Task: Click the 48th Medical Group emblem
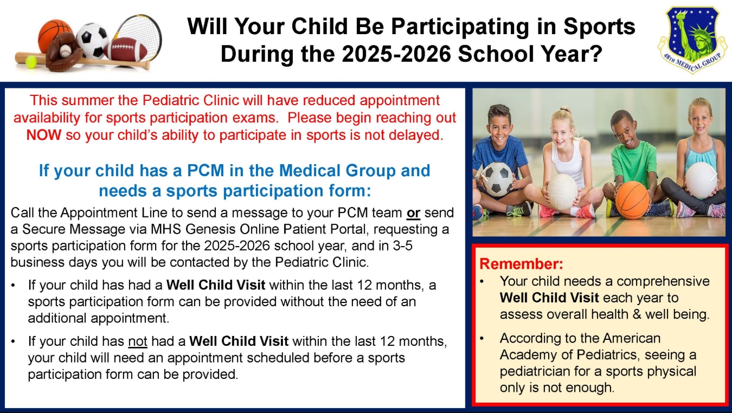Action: [x=692, y=39]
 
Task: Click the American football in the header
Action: [x=126, y=49]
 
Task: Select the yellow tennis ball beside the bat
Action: [x=31, y=61]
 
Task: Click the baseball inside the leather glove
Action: [x=66, y=50]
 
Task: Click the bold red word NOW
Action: [x=44, y=135]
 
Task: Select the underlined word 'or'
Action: [x=413, y=213]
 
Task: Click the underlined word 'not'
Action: [x=138, y=341]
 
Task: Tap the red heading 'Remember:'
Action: [x=521, y=263]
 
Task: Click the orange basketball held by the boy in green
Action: [x=632, y=199]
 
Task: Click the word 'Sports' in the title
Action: [x=599, y=27]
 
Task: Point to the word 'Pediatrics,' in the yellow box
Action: [x=607, y=355]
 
